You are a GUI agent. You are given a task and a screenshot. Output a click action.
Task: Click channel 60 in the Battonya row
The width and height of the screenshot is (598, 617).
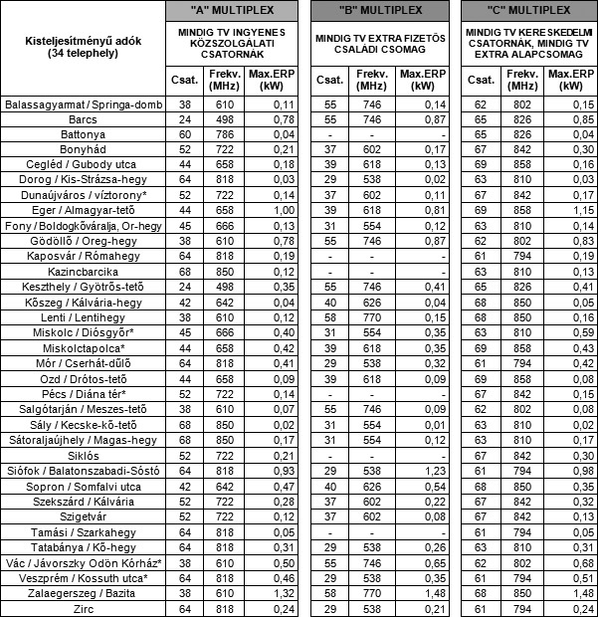(x=185, y=134)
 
